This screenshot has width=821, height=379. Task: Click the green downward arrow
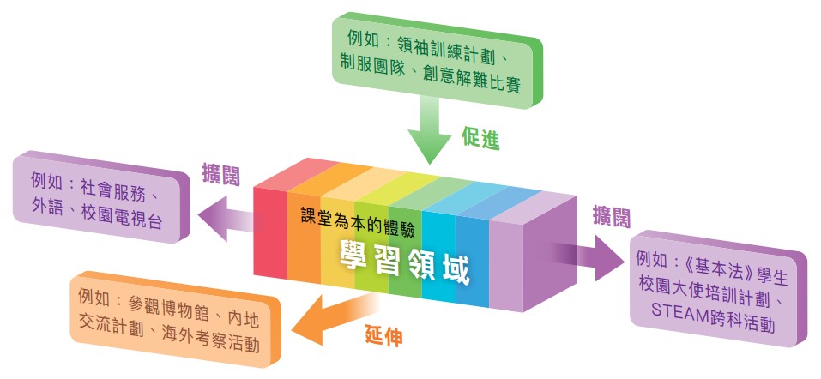tap(429, 131)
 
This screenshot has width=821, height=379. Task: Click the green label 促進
tap(480, 138)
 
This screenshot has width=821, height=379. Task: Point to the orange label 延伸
tap(383, 336)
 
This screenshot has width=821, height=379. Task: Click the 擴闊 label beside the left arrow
tap(221, 176)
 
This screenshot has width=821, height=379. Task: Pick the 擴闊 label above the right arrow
tap(612, 216)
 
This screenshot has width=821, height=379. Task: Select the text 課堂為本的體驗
tap(359, 219)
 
